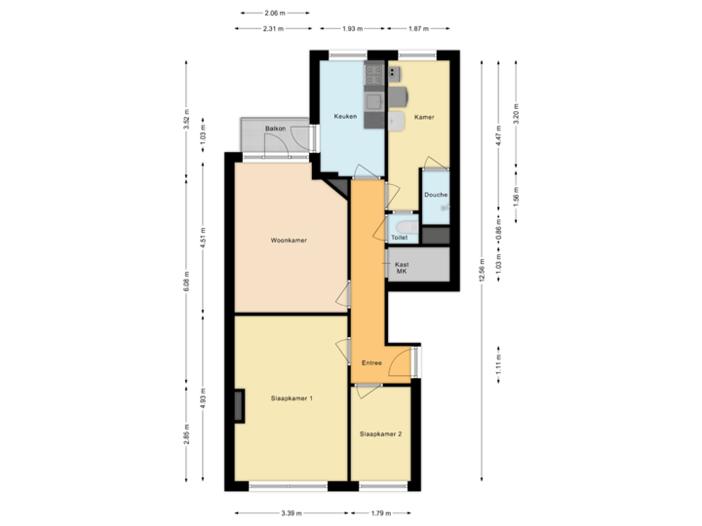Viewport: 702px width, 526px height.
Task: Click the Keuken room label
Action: (x=345, y=117)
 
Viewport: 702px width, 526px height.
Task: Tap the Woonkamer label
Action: (x=289, y=240)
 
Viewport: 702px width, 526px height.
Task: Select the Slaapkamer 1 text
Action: (x=291, y=397)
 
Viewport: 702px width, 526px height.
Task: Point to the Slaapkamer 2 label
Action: (x=380, y=433)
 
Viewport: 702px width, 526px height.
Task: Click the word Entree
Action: (x=371, y=362)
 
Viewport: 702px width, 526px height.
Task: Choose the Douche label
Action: (x=436, y=195)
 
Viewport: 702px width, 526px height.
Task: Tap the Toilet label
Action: (x=399, y=237)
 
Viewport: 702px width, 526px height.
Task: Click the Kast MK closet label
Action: (x=401, y=268)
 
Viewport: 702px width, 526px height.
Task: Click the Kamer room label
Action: (x=424, y=117)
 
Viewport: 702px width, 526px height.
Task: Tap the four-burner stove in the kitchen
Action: (x=373, y=73)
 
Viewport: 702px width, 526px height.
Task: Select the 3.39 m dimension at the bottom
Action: (x=291, y=513)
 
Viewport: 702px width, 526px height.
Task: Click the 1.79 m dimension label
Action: (x=380, y=513)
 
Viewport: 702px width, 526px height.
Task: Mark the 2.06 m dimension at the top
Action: (x=275, y=13)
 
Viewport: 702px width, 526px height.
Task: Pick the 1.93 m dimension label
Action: (x=351, y=28)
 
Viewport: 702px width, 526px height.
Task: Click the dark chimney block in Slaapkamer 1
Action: (x=239, y=406)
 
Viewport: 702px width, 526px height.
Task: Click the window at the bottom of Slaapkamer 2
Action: (x=380, y=485)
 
